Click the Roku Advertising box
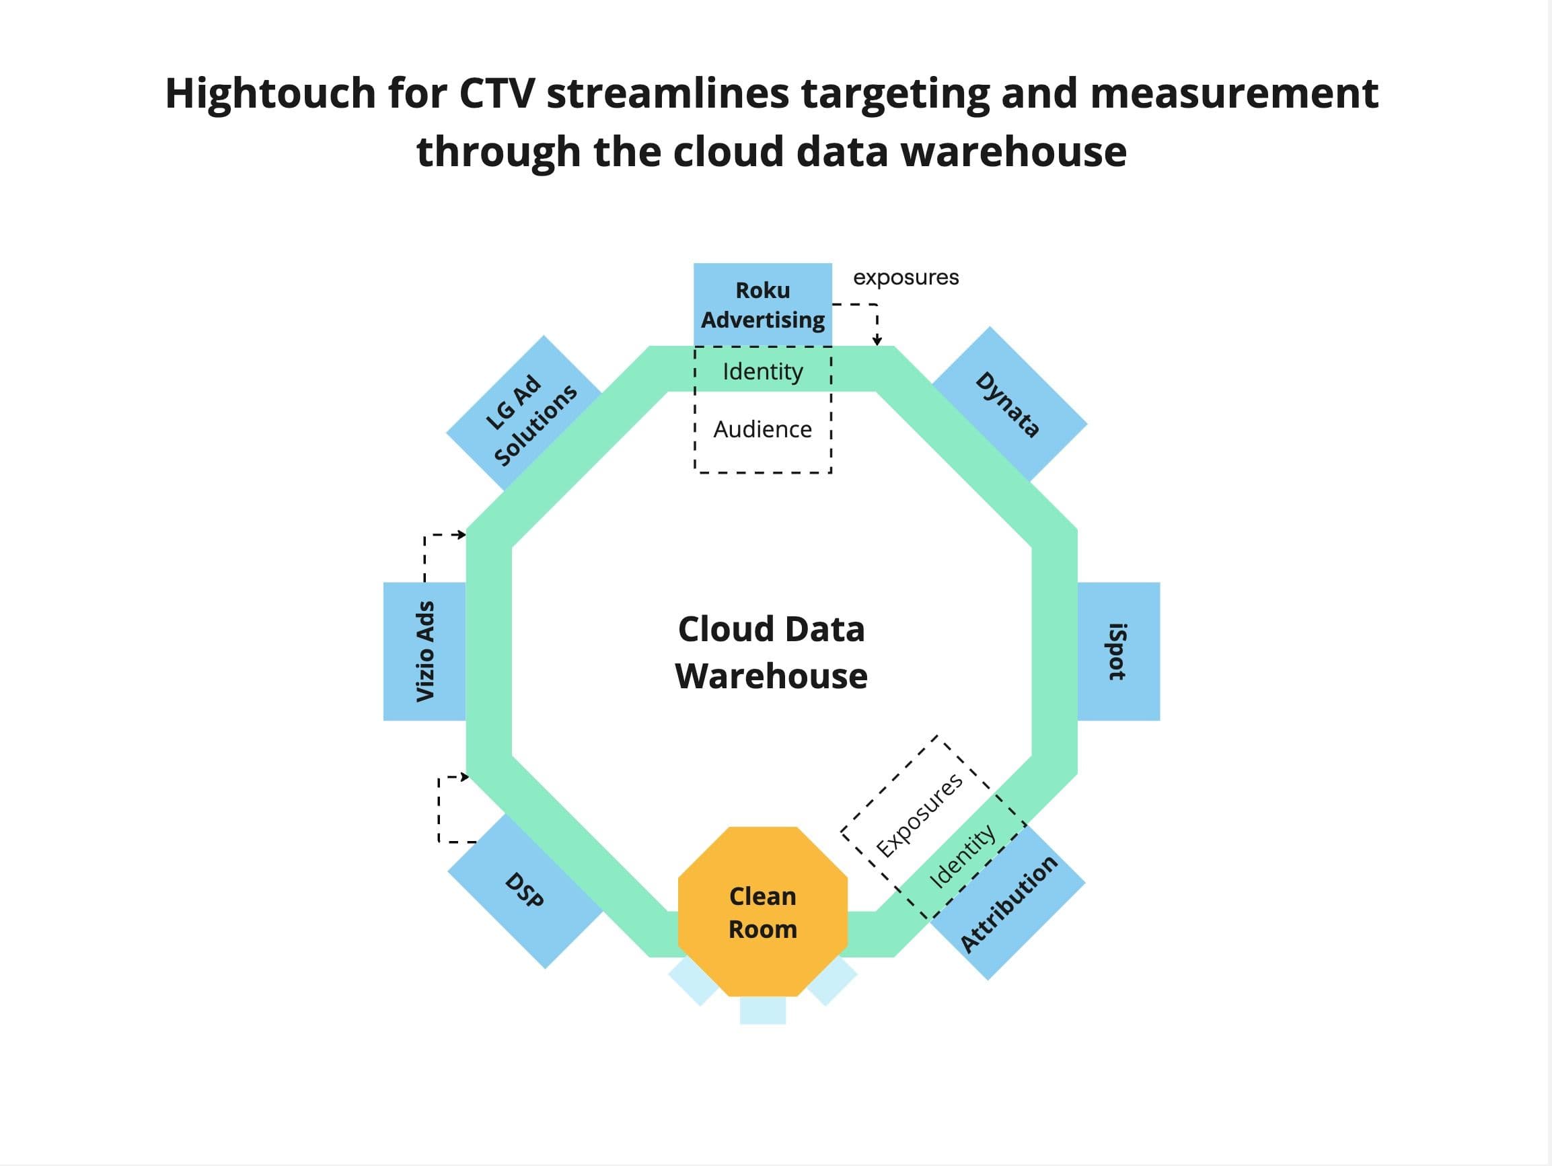(763, 305)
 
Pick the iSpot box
(1118, 651)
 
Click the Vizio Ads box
(424, 651)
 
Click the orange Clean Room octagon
(763, 912)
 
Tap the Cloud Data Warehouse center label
(771, 652)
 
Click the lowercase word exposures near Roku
(906, 277)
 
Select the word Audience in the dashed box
(763, 429)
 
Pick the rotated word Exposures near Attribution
(920, 815)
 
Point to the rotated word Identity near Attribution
(962, 856)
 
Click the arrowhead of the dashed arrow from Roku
(877, 341)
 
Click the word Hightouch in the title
(271, 93)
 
